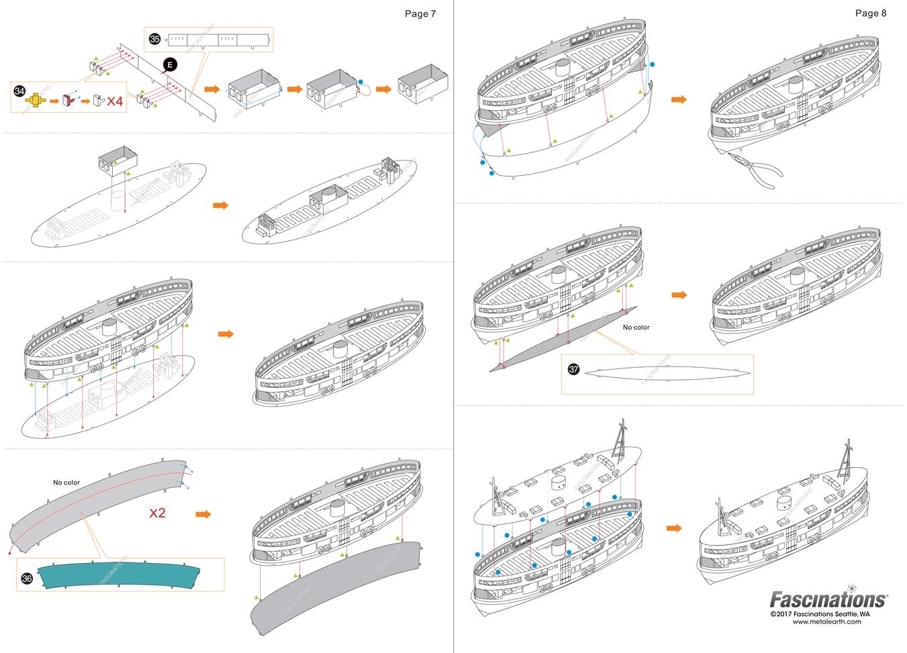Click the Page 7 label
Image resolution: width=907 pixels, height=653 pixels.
pyautogui.click(x=420, y=13)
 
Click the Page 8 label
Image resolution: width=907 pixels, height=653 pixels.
pyautogui.click(x=870, y=13)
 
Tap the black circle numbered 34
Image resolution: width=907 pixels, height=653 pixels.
pyautogui.click(x=19, y=91)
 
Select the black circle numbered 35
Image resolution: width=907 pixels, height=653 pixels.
pyautogui.click(x=155, y=39)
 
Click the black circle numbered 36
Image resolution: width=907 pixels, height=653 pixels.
pyautogui.click(x=27, y=578)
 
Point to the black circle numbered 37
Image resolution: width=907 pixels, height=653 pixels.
pyautogui.click(x=573, y=370)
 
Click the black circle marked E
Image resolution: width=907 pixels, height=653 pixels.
pyautogui.click(x=170, y=64)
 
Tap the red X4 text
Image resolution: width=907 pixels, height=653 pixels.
pyautogui.click(x=115, y=101)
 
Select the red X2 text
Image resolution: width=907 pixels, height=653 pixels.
pyautogui.click(x=157, y=513)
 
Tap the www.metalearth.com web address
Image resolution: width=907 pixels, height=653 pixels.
pyautogui.click(x=826, y=621)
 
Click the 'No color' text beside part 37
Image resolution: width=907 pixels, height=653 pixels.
pyautogui.click(x=636, y=328)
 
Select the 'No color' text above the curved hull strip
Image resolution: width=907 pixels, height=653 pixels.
pyautogui.click(x=67, y=482)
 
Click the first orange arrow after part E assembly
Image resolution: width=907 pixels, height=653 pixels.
pyautogui.click(x=212, y=89)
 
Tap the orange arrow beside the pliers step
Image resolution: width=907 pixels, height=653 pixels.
pyautogui.click(x=679, y=99)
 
